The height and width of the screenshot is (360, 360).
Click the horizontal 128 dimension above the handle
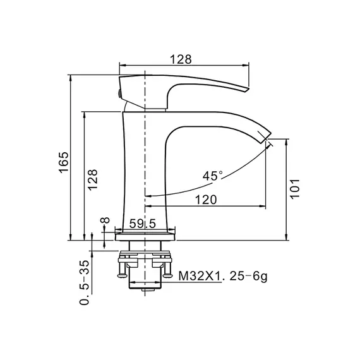(x=181, y=59)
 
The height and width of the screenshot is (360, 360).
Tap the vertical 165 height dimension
(x=64, y=162)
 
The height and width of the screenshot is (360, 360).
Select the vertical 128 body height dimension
(x=93, y=180)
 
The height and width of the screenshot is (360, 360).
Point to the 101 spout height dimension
(x=295, y=189)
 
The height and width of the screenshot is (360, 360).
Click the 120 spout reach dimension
(x=206, y=200)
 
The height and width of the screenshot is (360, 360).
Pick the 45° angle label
(x=213, y=176)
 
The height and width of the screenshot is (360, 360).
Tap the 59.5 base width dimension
(x=142, y=224)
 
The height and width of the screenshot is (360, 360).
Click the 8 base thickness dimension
(x=105, y=220)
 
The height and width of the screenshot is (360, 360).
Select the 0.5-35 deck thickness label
(x=84, y=282)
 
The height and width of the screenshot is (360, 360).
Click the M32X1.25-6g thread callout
(x=223, y=276)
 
